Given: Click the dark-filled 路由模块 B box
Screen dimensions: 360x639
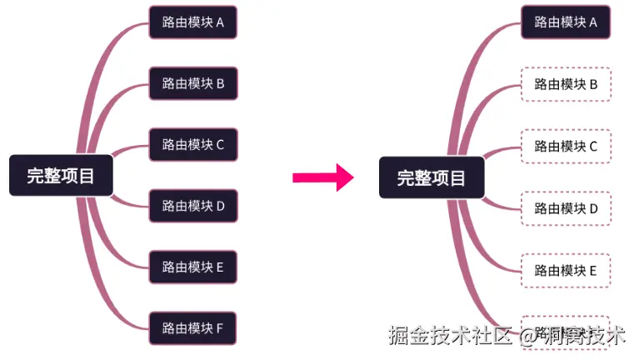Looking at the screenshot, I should click(x=193, y=83).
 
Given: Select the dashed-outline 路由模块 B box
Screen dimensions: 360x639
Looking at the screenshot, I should click(x=566, y=84).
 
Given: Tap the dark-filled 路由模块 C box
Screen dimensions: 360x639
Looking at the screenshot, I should click(x=193, y=144).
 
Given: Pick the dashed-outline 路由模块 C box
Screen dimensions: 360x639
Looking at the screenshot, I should click(x=566, y=146).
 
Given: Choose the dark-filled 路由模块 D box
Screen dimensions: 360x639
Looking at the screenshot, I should click(x=193, y=206).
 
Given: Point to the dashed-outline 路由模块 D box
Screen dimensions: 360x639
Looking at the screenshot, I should click(x=566, y=208).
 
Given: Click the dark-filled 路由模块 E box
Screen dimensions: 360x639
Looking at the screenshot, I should click(x=193, y=267).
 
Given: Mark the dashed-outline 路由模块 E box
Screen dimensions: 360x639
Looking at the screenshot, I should click(x=566, y=270).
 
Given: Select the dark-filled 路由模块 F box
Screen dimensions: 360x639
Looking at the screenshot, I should click(x=193, y=327).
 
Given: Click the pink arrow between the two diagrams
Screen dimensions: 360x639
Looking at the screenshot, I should click(x=323, y=177).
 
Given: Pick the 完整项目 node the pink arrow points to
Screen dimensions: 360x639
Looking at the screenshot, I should click(x=431, y=177).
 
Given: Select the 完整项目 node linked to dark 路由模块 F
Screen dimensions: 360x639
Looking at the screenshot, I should click(x=61, y=176).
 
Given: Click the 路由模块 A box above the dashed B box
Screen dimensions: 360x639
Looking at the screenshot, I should click(x=566, y=22).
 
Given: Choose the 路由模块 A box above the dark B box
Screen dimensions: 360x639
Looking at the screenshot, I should click(x=193, y=22).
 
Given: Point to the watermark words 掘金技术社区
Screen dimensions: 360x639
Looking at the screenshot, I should click(x=449, y=336).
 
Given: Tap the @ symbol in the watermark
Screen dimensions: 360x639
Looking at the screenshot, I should click(x=528, y=337).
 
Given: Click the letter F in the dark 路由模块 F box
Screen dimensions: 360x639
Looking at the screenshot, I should click(x=220, y=327).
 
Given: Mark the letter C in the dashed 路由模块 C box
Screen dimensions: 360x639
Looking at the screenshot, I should click(x=593, y=146).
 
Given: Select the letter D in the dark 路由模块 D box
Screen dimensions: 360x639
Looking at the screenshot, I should click(x=221, y=206).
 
